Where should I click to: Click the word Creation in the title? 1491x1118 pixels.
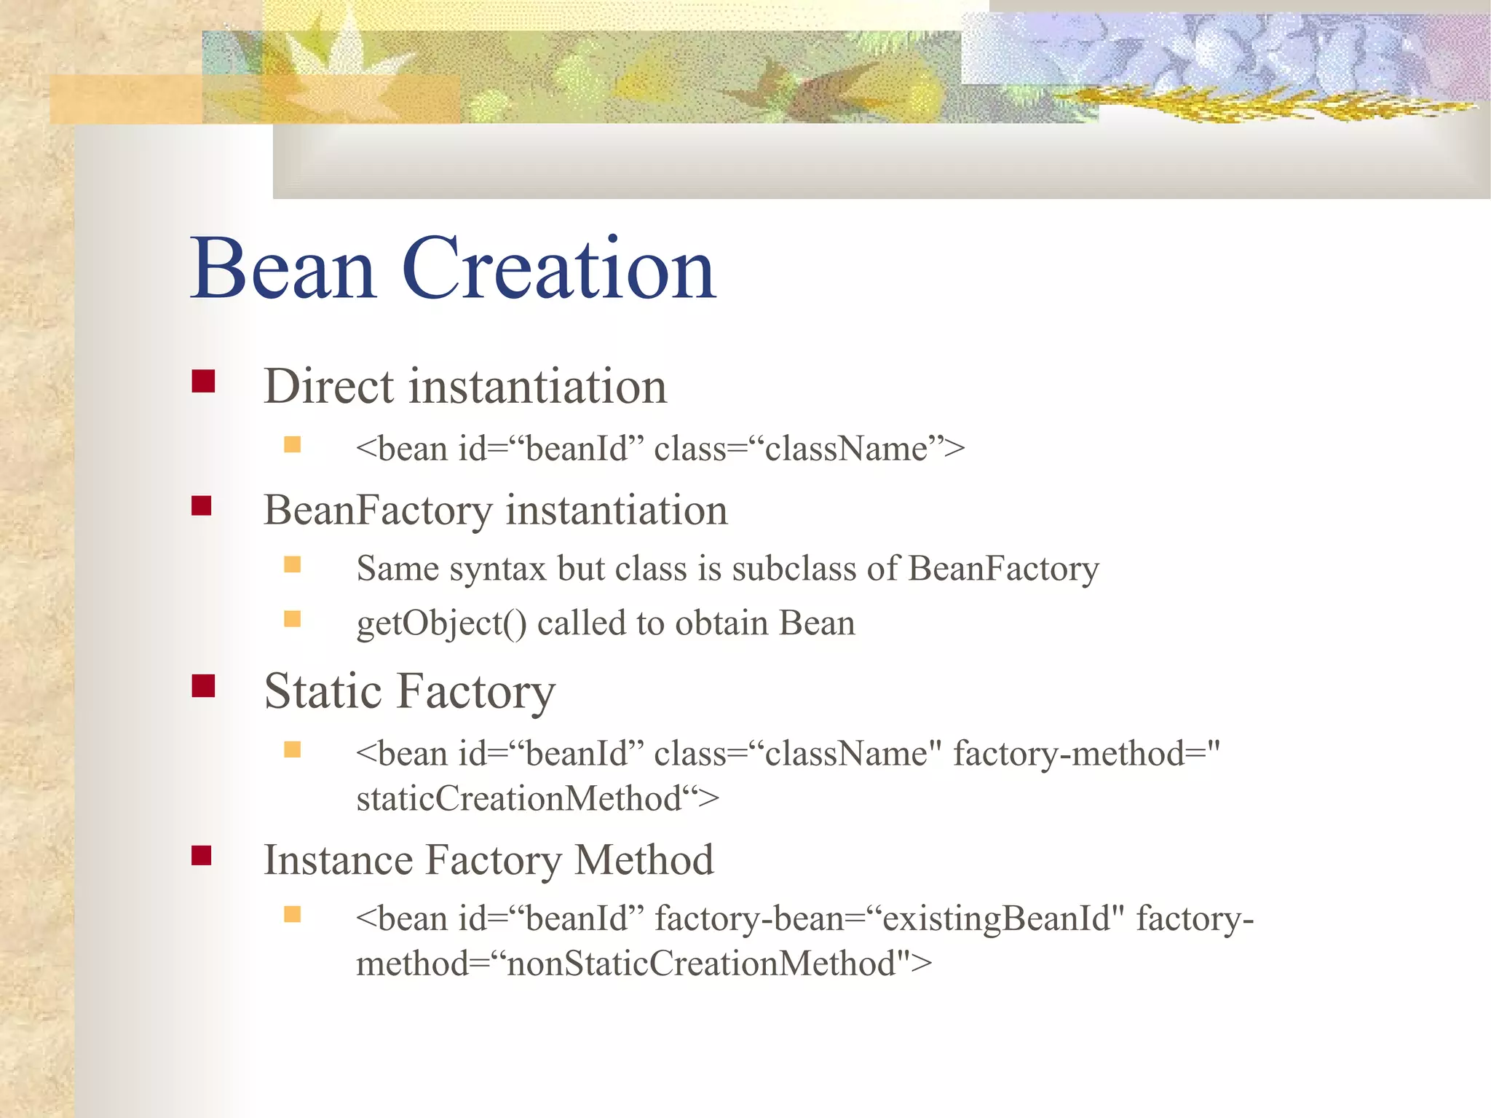[558, 269]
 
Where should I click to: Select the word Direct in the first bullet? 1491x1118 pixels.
[329, 386]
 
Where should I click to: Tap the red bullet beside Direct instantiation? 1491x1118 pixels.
[203, 382]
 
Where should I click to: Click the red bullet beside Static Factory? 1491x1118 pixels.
[203, 685]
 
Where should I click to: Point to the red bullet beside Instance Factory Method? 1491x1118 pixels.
[202, 855]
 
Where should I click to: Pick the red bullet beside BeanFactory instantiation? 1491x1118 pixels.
[202, 505]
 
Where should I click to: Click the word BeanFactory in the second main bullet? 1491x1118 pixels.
[378, 510]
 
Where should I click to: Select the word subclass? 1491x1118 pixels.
[794, 569]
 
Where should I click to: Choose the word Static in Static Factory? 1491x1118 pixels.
[323, 691]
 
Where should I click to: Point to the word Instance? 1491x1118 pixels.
[338, 860]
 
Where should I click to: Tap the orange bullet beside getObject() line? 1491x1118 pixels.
[293, 619]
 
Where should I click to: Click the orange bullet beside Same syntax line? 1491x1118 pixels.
[293, 564]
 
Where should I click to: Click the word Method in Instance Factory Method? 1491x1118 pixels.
[644, 860]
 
